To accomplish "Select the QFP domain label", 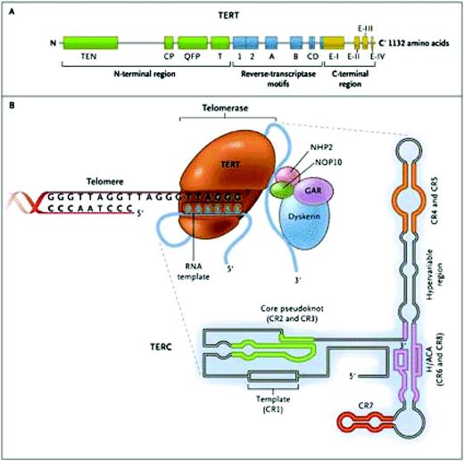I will [188, 57].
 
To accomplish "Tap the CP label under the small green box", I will [169, 57].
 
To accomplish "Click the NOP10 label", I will [320, 161].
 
